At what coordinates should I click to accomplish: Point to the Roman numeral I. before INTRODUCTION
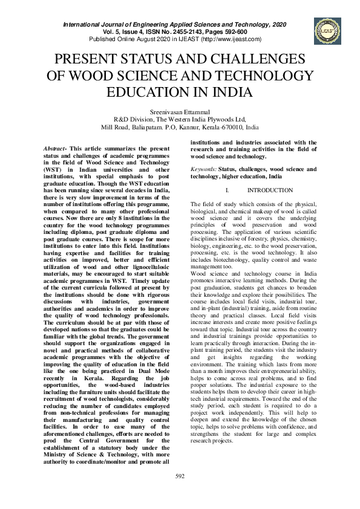(x=226, y=190)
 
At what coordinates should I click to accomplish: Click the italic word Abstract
(x=54, y=149)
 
